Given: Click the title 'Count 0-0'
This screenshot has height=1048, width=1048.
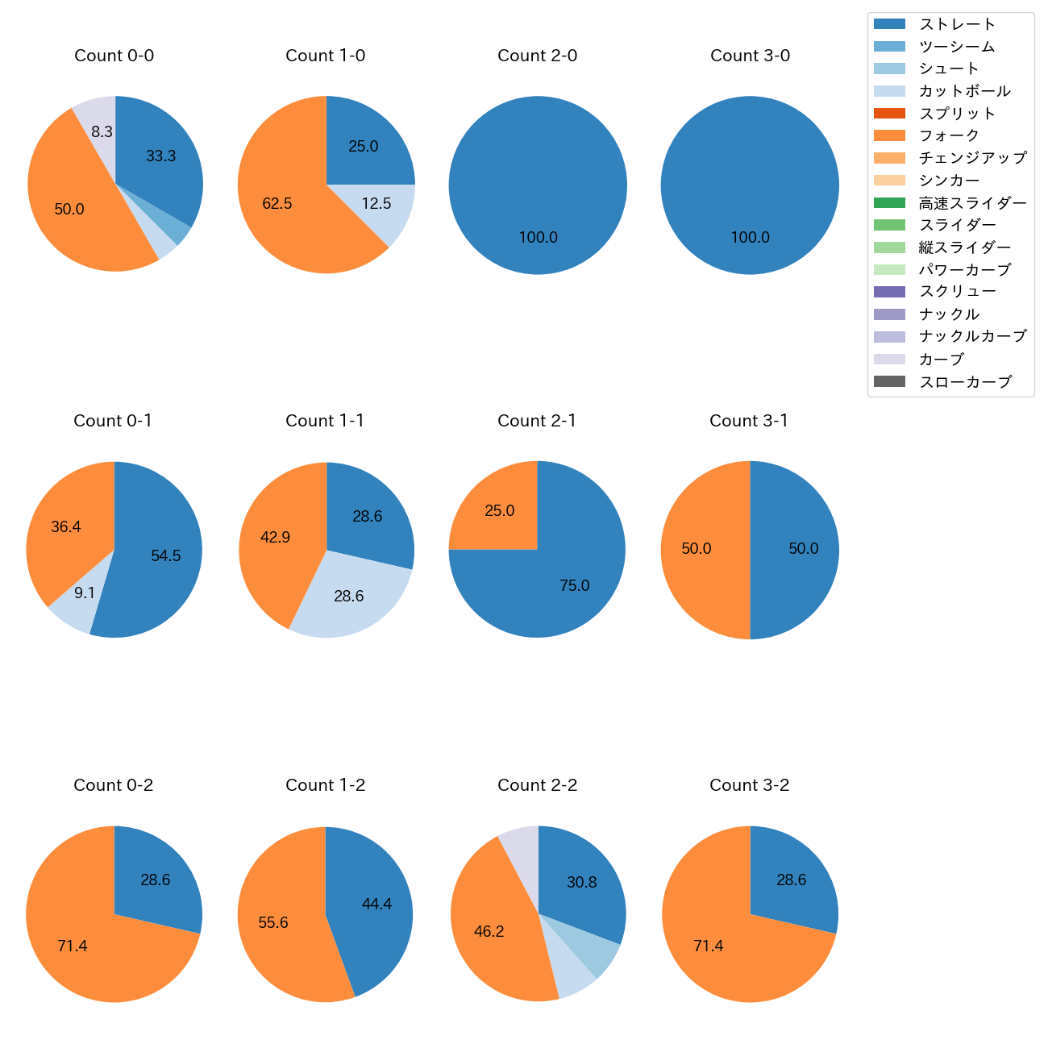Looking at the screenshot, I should coord(114,56).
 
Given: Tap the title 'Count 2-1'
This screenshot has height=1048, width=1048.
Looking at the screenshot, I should coord(537,421).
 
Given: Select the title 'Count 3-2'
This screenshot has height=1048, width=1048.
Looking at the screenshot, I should coord(750,785).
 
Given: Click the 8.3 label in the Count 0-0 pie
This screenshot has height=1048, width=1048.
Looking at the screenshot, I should coord(102,131).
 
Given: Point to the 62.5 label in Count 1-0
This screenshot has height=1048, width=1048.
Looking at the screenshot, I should coord(277,204).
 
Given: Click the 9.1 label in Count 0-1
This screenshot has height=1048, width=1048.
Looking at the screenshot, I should coord(85,593).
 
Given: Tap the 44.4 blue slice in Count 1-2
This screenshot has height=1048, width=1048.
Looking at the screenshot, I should coord(375,907).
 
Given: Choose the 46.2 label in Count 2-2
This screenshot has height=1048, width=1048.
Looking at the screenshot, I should coord(489,932).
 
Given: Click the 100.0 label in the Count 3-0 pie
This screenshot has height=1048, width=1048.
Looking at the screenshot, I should coord(751,238).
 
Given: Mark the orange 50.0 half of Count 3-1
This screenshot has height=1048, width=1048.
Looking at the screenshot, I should coord(701,550).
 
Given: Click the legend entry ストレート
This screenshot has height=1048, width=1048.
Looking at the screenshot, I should coord(958,24).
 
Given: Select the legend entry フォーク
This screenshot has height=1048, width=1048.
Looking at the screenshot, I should coord(949,135).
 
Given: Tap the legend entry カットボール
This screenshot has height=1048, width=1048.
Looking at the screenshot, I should coord(964,91).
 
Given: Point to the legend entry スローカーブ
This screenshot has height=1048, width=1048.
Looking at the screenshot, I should coord(965,382).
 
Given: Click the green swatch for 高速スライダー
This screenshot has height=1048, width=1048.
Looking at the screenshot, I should coord(889,202).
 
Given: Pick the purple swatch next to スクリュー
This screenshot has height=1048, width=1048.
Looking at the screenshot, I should coord(889,292).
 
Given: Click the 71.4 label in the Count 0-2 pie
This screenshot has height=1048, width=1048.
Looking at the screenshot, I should coord(73,946).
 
